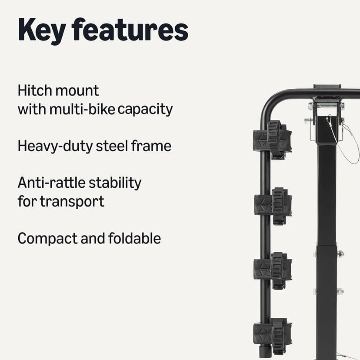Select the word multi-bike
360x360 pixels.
pyautogui.click(x=82, y=109)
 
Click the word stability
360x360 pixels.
pyautogui.click(x=115, y=183)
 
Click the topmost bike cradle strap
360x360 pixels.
pyautogui.click(x=273, y=140)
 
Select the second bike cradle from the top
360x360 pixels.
pyautogui.click(x=273, y=205)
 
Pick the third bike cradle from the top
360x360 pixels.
pyautogui.click(x=273, y=270)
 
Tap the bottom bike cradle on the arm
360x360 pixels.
pyautogui.click(x=273, y=334)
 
